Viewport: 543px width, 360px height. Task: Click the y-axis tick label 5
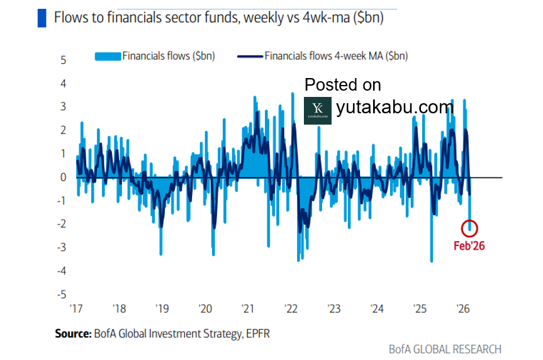[x=63, y=60]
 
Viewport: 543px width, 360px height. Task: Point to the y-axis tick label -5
[x=62, y=295]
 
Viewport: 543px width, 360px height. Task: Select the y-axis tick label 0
[x=63, y=177]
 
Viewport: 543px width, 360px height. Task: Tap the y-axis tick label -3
[x=62, y=247]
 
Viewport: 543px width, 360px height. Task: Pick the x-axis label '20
[x=205, y=309]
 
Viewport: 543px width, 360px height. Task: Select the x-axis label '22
[x=291, y=309]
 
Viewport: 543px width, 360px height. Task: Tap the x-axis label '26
[x=463, y=309]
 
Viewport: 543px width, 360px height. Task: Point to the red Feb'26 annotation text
[x=469, y=245]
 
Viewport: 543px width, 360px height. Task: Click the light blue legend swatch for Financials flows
[x=108, y=57]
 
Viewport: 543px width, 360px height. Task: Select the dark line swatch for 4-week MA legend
[x=249, y=57]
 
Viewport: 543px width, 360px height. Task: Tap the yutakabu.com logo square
[x=317, y=110]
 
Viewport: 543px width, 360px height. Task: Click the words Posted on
[x=342, y=84]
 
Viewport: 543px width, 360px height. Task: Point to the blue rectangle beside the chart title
[x=42, y=18]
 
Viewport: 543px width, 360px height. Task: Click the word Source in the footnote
[x=72, y=334]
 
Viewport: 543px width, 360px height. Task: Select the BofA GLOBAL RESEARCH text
[x=445, y=349]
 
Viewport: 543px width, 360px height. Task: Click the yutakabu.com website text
[x=395, y=108]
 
